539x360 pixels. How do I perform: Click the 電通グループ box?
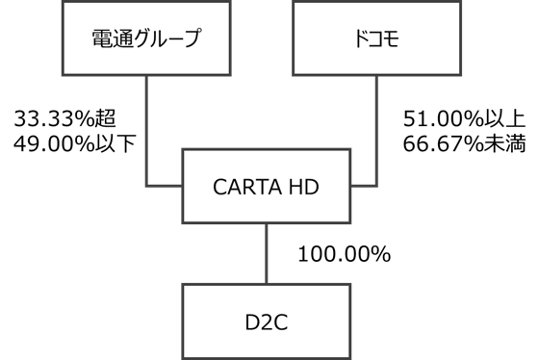[146, 39]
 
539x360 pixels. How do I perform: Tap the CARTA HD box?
[266, 186]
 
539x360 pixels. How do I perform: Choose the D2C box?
[266, 321]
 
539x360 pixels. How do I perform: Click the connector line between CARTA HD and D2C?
[266, 253]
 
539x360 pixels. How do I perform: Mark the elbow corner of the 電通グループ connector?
[146, 185]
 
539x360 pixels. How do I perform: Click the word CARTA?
[244, 187]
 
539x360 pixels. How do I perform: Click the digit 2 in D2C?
[266, 321]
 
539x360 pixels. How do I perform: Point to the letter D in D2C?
[250, 321]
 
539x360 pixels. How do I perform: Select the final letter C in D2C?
[281, 321]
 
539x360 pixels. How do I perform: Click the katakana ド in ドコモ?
[359, 39]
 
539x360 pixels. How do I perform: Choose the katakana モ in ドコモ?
[392, 39]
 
